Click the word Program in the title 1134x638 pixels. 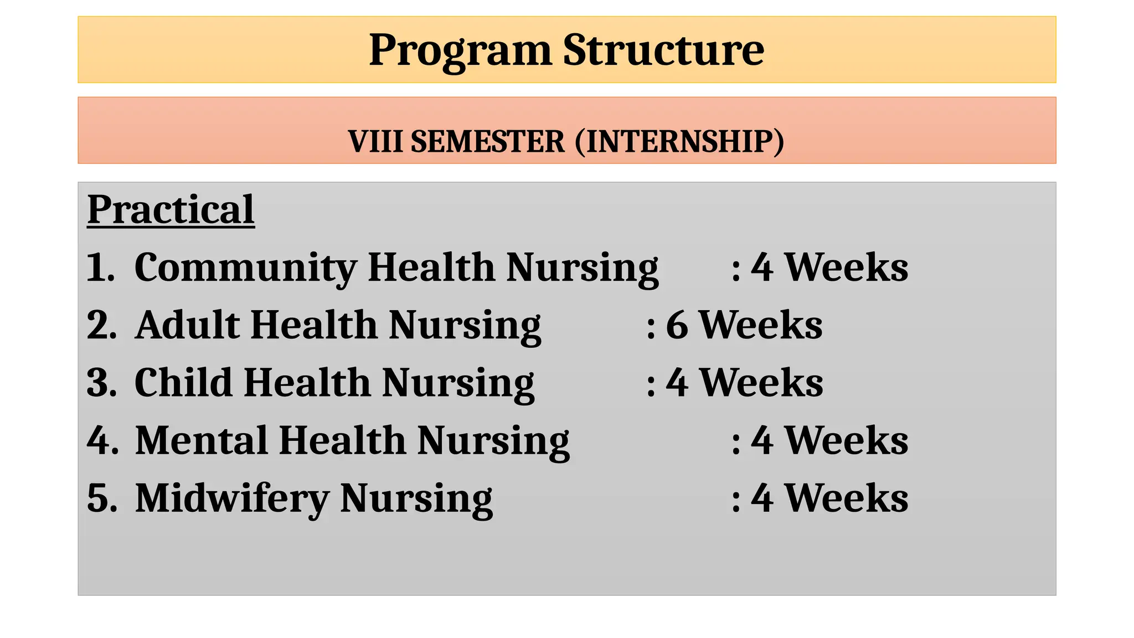coord(460,51)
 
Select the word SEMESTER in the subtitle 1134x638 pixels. coord(488,142)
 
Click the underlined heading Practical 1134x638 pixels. coord(171,210)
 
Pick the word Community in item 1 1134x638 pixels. coord(245,269)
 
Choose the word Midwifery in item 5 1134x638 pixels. coord(232,499)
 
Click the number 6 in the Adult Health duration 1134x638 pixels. coord(677,325)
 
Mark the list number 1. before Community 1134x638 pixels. coord(100,268)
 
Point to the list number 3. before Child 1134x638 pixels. coord(101,383)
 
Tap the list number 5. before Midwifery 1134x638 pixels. coord(101,498)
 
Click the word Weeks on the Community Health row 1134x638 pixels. coord(847,268)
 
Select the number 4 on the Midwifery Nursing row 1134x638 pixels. coord(762,498)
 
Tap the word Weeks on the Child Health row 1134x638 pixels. coord(761,383)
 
